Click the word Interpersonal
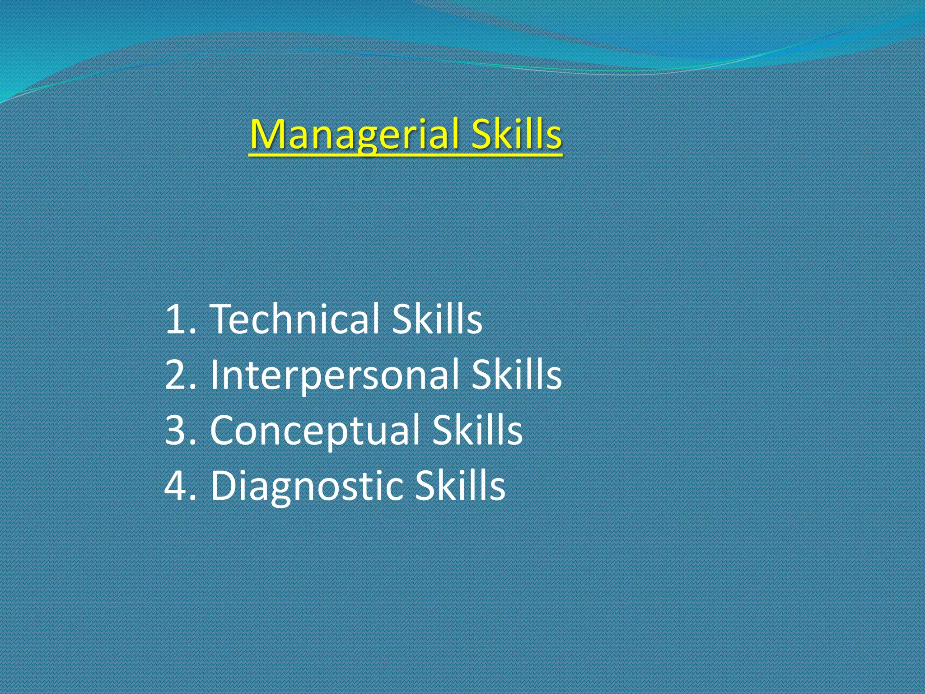[x=334, y=375]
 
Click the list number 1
[x=174, y=320]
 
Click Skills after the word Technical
[x=437, y=319]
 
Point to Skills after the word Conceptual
[x=477, y=430]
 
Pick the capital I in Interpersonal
[x=215, y=375]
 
